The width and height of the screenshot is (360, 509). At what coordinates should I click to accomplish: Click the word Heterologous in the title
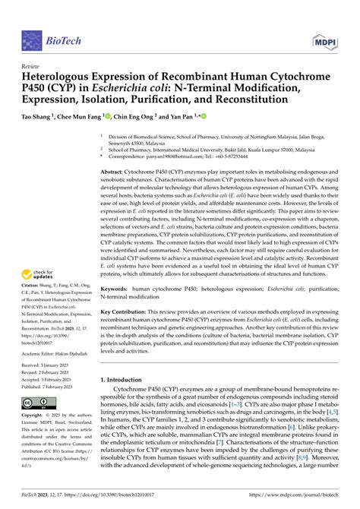tap(61, 77)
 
